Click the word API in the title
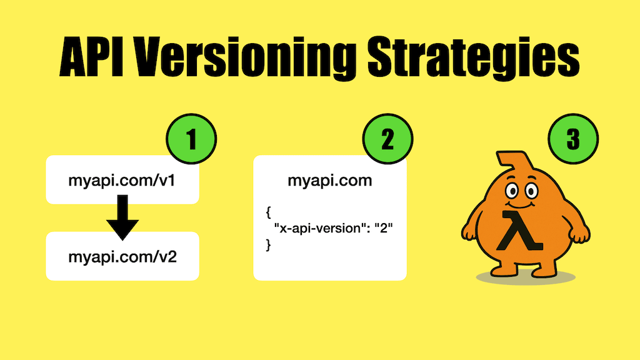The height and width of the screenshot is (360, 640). click(x=91, y=57)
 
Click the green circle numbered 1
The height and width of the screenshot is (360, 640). click(x=191, y=139)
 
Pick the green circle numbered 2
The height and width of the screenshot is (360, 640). click(x=387, y=139)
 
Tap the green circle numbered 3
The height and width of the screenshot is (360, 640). click(x=573, y=139)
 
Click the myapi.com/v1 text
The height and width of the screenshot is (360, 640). click(x=122, y=181)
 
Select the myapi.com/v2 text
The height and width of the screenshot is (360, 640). click(x=122, y=257)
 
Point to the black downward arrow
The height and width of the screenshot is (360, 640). click(x=122, y=217)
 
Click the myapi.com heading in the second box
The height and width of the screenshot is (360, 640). click(x=330, y=181)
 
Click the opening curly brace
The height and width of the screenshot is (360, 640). click(x=268, y=212)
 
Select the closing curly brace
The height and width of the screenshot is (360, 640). click(x=268, y=244)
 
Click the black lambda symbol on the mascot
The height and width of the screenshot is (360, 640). click(x=519, y=230)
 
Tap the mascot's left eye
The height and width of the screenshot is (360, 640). click(x=512, y=191)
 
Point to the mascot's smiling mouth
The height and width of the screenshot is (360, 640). click(x=520, y=204)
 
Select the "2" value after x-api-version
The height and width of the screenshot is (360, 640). click(x=383, y=227)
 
